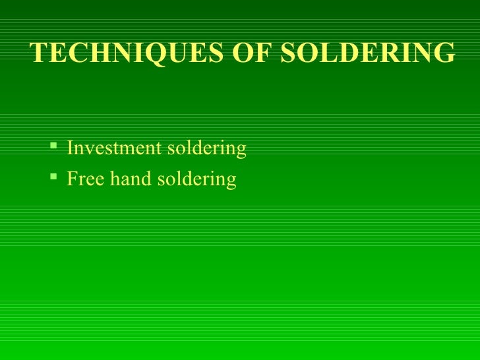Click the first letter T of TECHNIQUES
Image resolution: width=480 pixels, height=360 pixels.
39,52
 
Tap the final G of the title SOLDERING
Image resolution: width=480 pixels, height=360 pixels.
444,52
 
